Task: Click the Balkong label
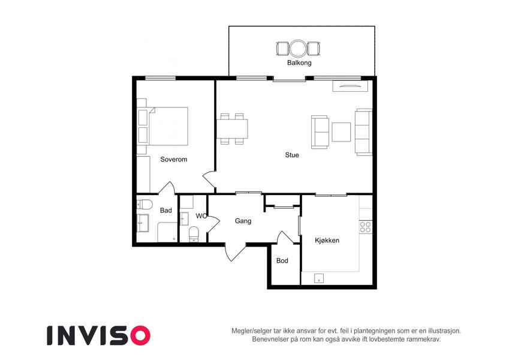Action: pyautogui.click(x=299, y=63)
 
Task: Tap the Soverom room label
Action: pyautogui.click(x=174, y=159)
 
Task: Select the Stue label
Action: pyautogui.click(x=292, y=155)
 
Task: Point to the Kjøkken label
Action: pyautogui.click(x=327, y=241)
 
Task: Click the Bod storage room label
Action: pyautogui.click(x=282, y=260)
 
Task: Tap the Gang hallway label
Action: pyautogui.click(x=243, y=221)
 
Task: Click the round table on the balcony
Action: pyautogui.click(x=298, y=49)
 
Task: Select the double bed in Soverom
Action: pyautogui.click(x=167, y=126)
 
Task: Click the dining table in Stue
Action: pyautogui.click(x=232, y=129)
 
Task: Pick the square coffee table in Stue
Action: pyautogui.click(x=341, y=132)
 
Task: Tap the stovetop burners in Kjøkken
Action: pyautogui.click(x=366, y=227)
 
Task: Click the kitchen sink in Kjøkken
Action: pyautogui.click(x=319, y=278)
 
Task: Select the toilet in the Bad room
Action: pyautogui.click(x=144, y=205)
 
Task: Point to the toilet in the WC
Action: pyautogui.click(x=194, y=234)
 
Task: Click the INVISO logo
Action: pyautogui.click(x=99, y=335)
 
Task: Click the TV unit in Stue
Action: pyautogui.click(x=350, y=86)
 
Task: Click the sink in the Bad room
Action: pyautogui.click(x=143, y=223)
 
